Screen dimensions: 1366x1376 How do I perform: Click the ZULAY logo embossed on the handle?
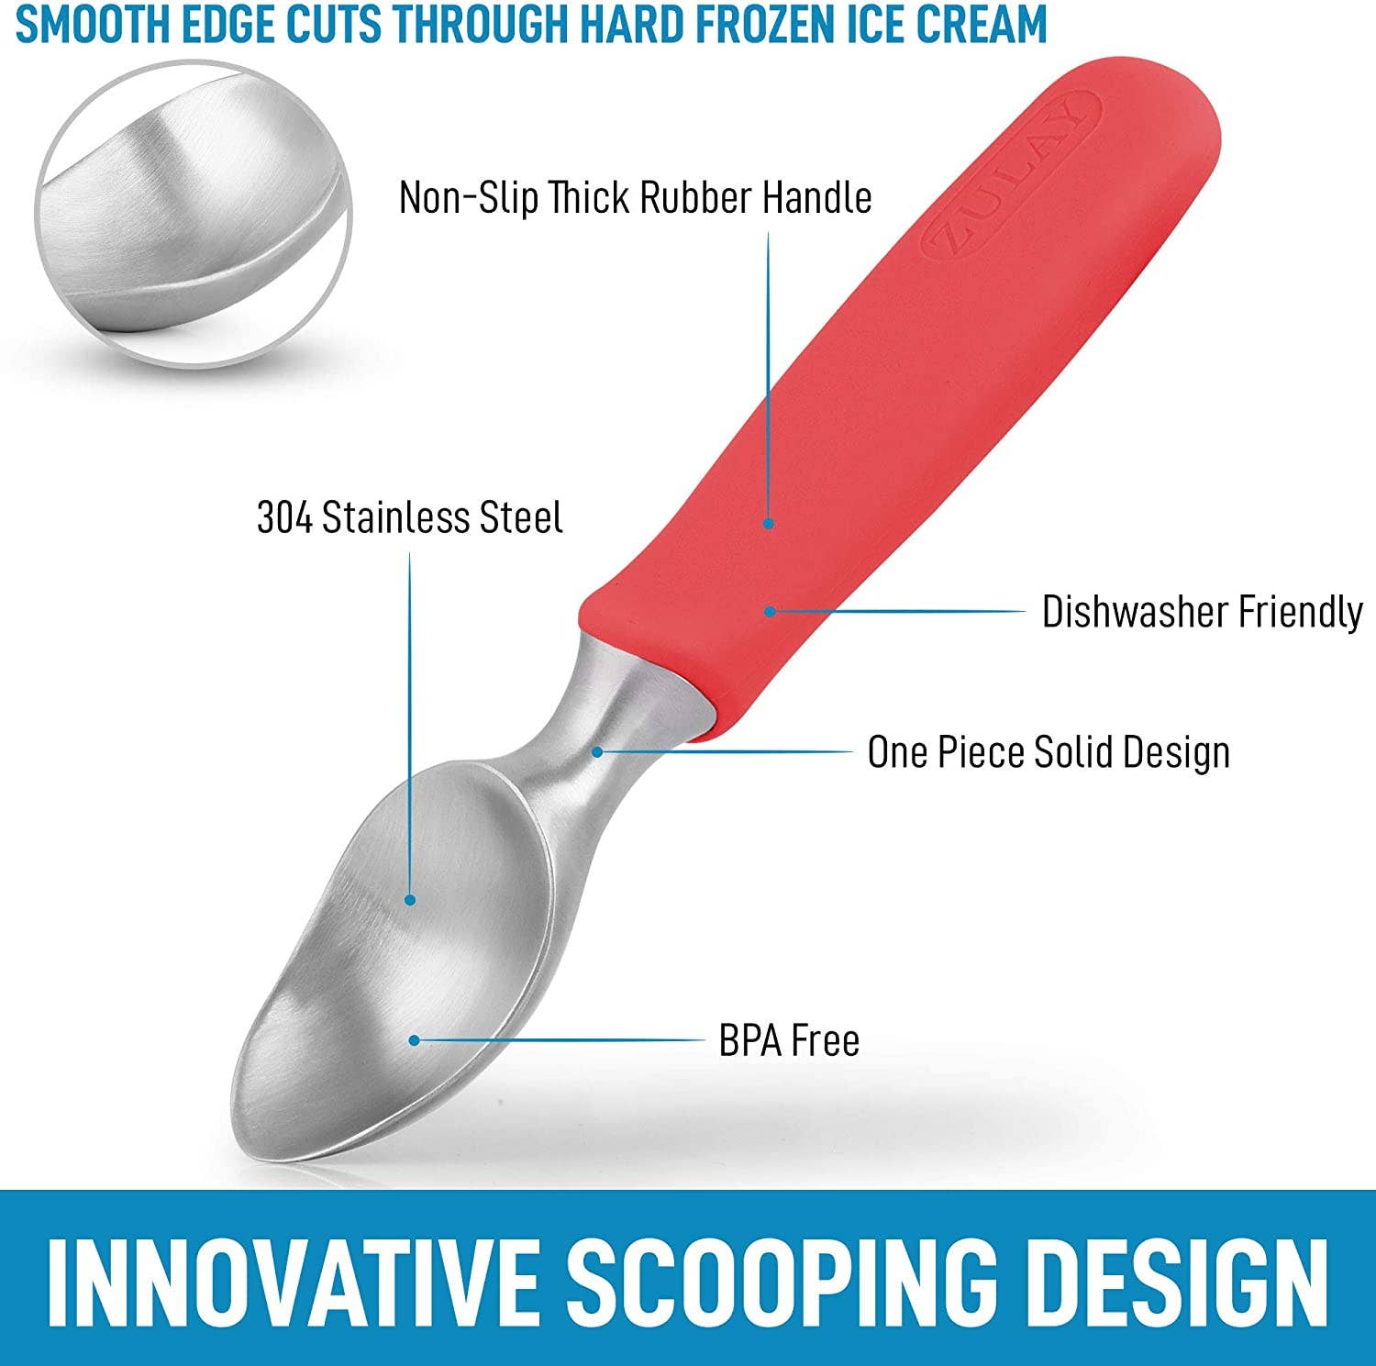pyautogui.click(x=1009, y=174)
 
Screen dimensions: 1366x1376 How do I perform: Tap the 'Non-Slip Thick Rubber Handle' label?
pyautogui.click(x=635, y=197)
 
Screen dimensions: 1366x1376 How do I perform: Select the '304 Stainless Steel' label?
pyautogui.click(x=409, y=517)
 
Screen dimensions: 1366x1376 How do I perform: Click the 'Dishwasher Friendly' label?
pyautogui.click(x=1202, y=612)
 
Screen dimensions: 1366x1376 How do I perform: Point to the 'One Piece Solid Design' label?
pyautogui.click(x=1049, y=752)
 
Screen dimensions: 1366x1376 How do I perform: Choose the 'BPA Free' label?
pyautogui.click(x=789, y=1040)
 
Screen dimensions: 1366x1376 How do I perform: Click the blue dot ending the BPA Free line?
pyautogui.click(x=415, y=1040)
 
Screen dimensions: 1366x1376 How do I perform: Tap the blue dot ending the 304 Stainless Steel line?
pyautogui.click(x=410, y=900)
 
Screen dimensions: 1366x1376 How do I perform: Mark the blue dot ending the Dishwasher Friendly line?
pyautogui.click(x=770, y=611)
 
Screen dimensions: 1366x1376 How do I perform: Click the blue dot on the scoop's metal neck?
pyautogui.click(x=597, y=751)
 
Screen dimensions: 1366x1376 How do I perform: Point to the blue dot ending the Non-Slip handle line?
pyautogui.click(x=769, y=524)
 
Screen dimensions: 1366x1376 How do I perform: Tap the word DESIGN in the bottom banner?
pyautogui.click(x=1183, y=1279)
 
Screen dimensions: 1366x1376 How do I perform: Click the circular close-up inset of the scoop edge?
pyautogui.click(x=193, y=214)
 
